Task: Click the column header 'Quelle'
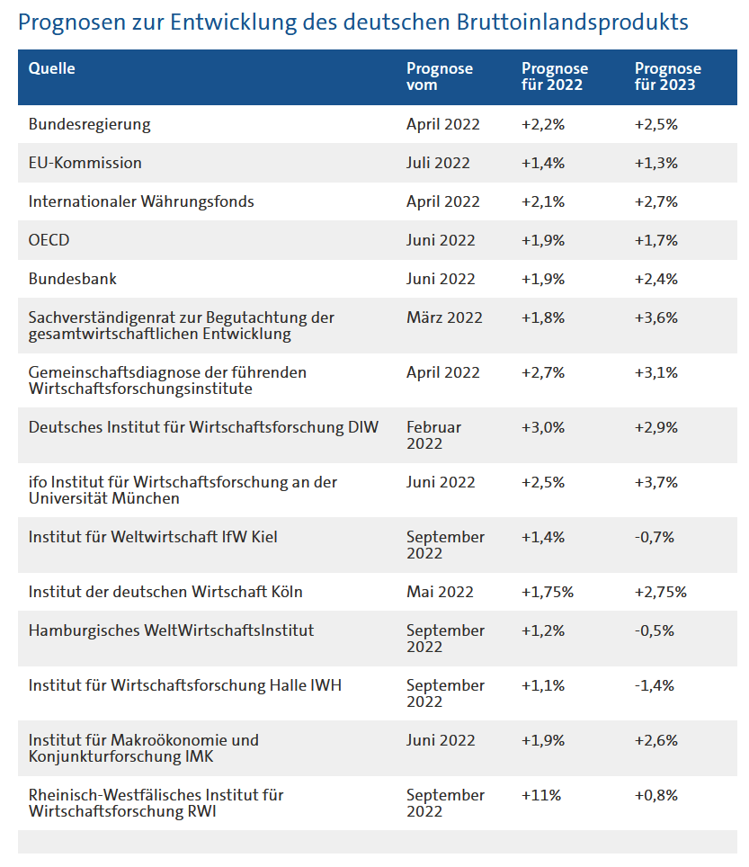51,68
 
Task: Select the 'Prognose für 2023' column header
668,76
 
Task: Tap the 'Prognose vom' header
440,76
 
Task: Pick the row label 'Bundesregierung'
90,124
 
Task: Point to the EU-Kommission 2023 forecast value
656,163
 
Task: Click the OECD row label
49,240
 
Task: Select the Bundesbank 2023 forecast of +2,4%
656,279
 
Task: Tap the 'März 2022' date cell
444,317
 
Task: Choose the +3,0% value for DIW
543,427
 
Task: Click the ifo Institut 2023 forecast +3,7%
656,482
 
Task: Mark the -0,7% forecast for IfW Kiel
655,537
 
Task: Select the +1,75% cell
548,592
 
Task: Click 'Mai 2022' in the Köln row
440,592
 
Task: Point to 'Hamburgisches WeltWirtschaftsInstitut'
171,630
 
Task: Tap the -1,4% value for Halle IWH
655,685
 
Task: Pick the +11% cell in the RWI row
541,795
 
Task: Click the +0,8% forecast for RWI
656,795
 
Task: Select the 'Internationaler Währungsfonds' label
141,201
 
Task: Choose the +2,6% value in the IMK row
656,740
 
